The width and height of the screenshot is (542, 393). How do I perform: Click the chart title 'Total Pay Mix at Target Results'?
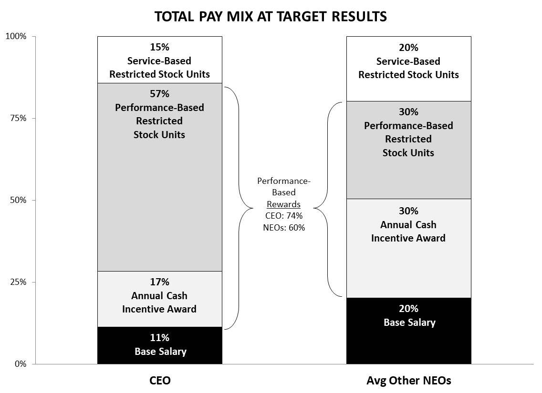point(271,16)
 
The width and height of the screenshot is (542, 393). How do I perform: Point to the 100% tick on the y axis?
point(33,36)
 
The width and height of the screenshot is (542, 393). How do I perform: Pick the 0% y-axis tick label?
point(20,363)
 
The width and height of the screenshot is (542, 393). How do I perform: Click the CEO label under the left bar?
point(160,380)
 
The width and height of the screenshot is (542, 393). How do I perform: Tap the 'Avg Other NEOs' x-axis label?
point(408,380)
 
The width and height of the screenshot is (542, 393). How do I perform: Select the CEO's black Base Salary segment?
point(160,345)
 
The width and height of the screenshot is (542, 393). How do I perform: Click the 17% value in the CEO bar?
point(159,282)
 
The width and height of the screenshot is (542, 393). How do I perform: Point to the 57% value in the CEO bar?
point(159,93)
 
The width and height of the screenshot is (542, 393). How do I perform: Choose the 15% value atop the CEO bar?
point(159,47)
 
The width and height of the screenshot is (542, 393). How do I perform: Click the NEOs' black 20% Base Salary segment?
point(408,331)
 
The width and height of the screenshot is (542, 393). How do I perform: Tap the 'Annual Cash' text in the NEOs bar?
point(408,225)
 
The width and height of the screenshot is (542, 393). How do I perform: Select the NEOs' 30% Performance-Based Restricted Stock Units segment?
point(408,150)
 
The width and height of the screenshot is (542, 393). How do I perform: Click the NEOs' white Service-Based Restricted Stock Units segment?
point(408,69)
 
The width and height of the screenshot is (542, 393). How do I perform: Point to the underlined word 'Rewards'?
point(283,204)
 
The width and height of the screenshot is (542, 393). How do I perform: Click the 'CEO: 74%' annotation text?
point(284,216)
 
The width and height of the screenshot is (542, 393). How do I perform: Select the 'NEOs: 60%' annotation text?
point(284,227)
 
